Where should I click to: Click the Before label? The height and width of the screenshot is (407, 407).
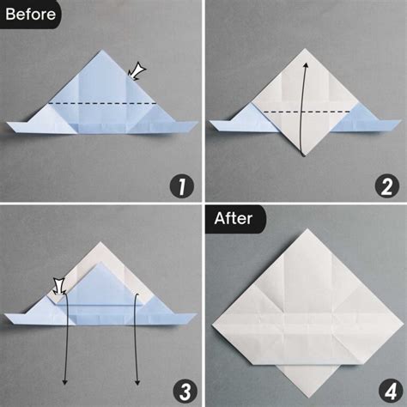coord(30,14)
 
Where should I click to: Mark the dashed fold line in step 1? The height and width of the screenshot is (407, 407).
coord(103,103)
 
